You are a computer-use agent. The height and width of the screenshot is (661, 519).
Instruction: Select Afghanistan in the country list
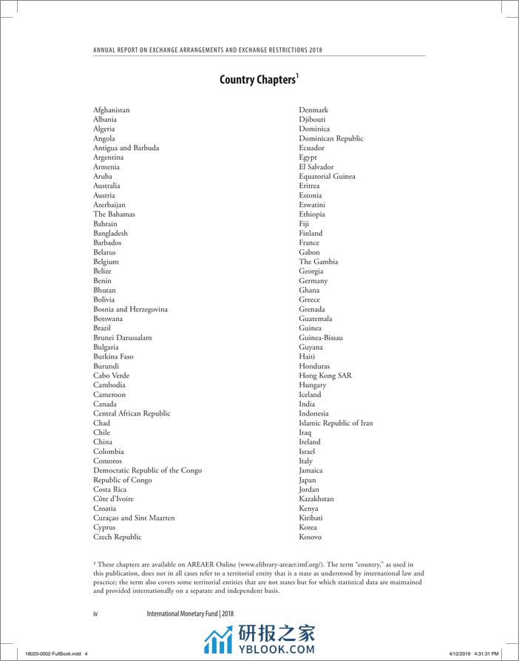[x=112, y=109]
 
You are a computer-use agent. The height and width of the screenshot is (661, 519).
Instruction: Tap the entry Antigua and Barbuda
[x=126, y=148]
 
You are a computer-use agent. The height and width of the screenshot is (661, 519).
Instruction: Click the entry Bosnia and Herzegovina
[x=130, y=309]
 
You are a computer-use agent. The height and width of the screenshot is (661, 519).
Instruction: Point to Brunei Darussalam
[x=122, y=337]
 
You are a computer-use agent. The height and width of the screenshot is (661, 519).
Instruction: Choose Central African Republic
[x=132, y=413]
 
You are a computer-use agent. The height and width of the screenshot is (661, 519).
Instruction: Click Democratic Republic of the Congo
[x=147, y=470]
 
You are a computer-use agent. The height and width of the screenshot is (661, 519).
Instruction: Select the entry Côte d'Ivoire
[x=113, y=499]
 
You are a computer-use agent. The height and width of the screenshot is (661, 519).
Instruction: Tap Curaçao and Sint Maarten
[x=134, y=518]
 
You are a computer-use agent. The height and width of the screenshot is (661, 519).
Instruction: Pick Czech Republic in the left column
[x=117, y=537]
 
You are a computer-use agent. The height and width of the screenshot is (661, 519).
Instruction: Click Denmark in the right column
[x=313, y=109]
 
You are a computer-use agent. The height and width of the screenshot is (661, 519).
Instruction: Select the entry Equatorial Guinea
[x=327, y=176]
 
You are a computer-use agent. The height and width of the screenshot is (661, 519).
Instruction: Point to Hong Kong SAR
[x=325, y=376]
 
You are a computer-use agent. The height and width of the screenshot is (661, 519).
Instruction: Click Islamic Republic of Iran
[x=336, y=423]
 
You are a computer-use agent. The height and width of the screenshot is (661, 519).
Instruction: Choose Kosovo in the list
[x=311, y=537]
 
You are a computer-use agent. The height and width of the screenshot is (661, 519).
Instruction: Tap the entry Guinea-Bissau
[x=321, y=337]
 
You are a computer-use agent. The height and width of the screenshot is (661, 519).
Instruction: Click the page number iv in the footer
[x=95, y=614]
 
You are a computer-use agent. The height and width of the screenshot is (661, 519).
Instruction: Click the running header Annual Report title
[x=207, y=50]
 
